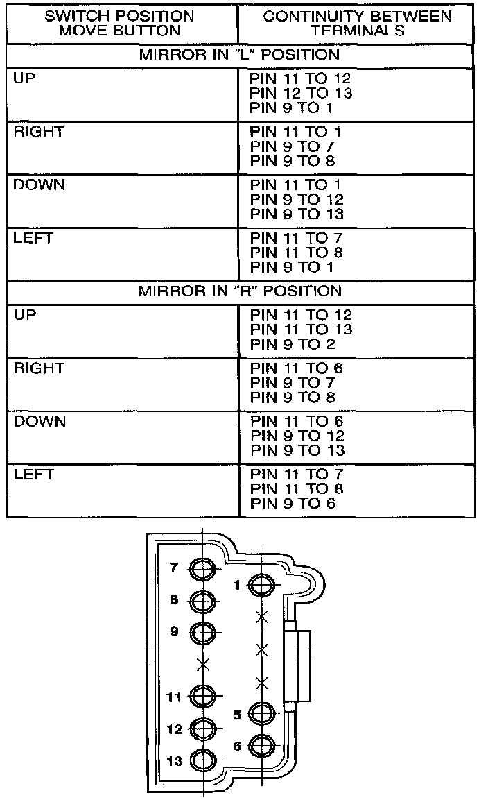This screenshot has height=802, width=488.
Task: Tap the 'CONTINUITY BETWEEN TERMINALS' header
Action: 356,23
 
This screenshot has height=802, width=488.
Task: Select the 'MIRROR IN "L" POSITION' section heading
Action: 240,55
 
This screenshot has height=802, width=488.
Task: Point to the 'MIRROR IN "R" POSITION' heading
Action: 240,291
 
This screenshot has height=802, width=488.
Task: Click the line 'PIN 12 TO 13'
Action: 302,93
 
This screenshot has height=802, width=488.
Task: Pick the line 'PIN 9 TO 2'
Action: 292,344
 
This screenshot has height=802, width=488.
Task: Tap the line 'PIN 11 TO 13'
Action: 302,330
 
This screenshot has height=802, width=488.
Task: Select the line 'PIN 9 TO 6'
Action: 293,503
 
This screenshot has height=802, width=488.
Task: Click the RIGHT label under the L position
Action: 39,132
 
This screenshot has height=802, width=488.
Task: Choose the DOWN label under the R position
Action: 40,422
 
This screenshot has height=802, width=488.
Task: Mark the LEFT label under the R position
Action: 33,475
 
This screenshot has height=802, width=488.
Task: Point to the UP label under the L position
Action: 24,78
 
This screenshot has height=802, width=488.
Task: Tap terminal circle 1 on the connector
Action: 261,586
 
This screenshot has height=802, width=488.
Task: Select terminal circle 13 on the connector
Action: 203,761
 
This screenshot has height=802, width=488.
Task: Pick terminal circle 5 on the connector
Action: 261,714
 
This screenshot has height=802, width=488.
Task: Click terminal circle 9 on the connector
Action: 203,632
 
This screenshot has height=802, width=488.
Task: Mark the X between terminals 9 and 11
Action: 203,664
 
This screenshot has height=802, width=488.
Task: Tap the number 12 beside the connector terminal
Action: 175,730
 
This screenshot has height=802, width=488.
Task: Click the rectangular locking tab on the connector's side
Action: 298,667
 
